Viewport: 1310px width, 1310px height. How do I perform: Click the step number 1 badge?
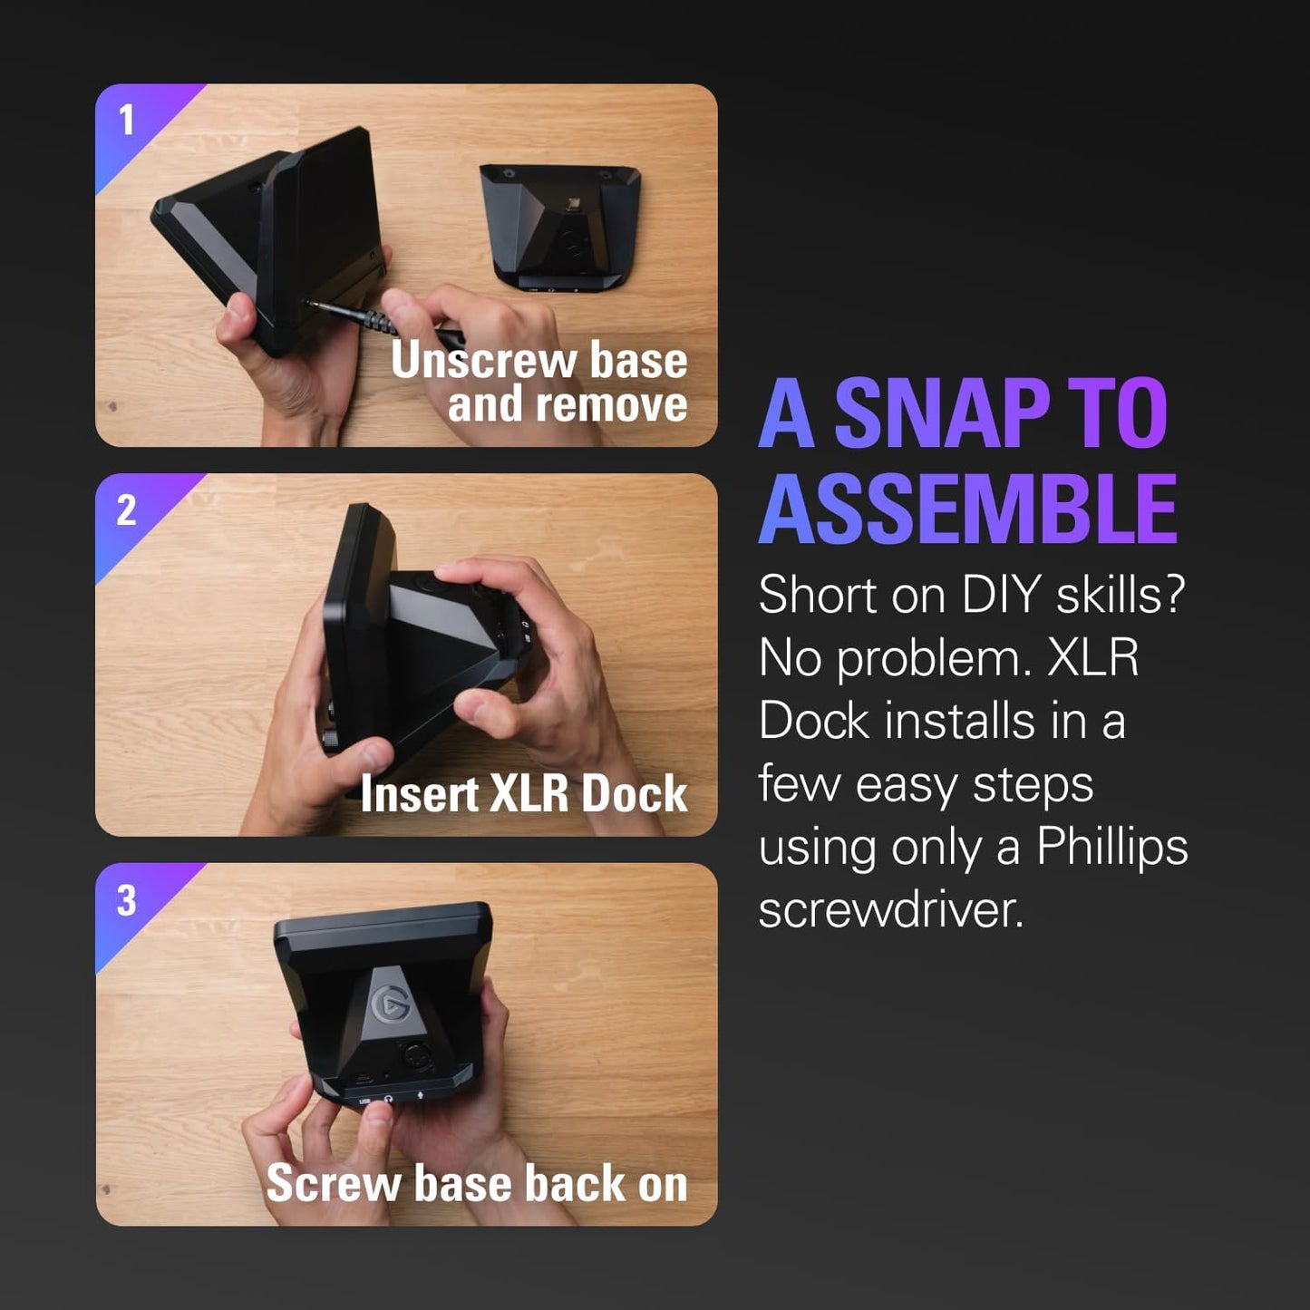click(x=127, y=121)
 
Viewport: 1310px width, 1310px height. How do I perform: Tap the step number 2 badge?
click(x=127, y=510)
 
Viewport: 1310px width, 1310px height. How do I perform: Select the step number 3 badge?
click(x=127, y=900)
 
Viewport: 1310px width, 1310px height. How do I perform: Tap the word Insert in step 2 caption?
click(x=419, y=794)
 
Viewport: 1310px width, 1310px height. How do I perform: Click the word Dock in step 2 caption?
click(x=634, y=794)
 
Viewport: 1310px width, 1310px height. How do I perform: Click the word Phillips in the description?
click(x=1111, y=847)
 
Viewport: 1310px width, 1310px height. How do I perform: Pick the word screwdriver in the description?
click(x=890, y=909)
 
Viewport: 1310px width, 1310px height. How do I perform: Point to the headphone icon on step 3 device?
click(x=390, y=1099)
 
